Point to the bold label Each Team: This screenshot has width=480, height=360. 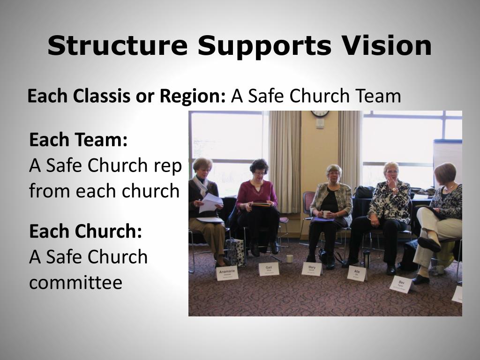(78, 140)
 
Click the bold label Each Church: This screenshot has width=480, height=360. (85, 231)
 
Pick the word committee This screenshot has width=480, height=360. (75, 282)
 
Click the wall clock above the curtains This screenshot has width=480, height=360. (320, 113)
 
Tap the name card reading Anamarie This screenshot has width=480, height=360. (228, 273)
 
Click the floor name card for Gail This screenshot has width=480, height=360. (269, 269)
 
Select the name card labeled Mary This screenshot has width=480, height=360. (312, 269)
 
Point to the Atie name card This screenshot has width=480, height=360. (357, 272)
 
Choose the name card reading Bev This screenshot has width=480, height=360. (401, 284)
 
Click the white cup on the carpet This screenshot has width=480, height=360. (290, 258)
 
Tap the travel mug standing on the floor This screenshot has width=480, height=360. (367, 259)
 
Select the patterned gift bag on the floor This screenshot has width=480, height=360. (235, 251)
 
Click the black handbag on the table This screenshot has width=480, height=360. (364, 192)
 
